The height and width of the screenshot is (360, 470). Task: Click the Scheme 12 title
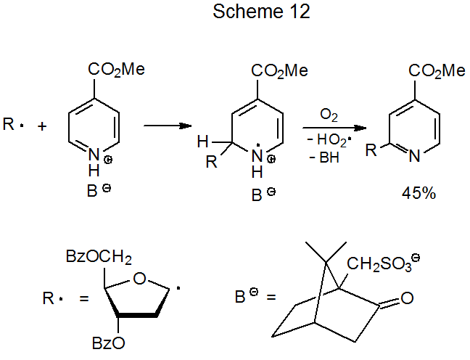[251, 12]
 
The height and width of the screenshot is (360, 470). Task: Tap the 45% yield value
[418, 194]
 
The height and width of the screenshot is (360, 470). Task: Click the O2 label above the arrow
[329, 115]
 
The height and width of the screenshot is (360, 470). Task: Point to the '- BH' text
[326, 158]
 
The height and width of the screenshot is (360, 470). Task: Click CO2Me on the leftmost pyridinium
[116, 70]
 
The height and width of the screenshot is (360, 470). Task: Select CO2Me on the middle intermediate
[279, 70]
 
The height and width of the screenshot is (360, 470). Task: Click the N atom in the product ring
[413, 155]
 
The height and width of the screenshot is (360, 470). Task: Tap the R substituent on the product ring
[370, 151]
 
